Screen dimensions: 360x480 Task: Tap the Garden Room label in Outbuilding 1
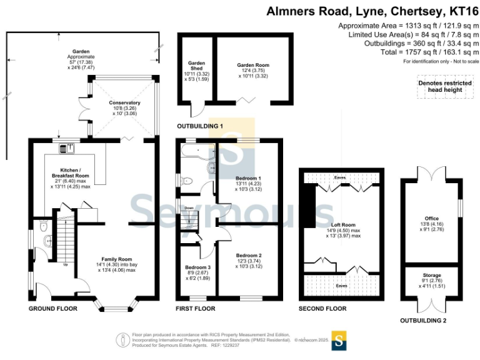(x=252, y=64)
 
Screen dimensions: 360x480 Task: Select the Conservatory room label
(x=124, y=102)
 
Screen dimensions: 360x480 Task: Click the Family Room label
(x=117, y=259)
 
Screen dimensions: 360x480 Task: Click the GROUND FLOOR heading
(x=52, y=309)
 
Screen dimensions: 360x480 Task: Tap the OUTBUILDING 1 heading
(x=200, y=126)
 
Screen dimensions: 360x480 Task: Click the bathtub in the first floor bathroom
(x=194, y=152)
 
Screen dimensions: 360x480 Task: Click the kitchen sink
(x=66, y=148)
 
